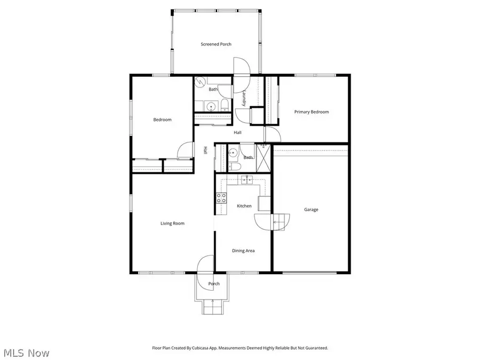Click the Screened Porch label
click(x=216, y=44)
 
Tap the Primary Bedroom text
click(x=311, y=112)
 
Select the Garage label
click(x=311, y=210)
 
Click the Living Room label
click(x=172, y=223)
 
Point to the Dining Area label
click(x=243, y=250)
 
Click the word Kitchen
click(x=244, y=206)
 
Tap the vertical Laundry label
click(x=244, y=99)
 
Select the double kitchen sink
click(x=246, y=180)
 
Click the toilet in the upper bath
click(x=225, y=105)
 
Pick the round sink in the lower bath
click(x=233, y=154)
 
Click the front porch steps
click(x=213, y=308)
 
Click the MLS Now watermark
click(x=27, y=353)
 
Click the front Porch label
click(x=213, y=284)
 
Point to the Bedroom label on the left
click(x=162, y=119)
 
